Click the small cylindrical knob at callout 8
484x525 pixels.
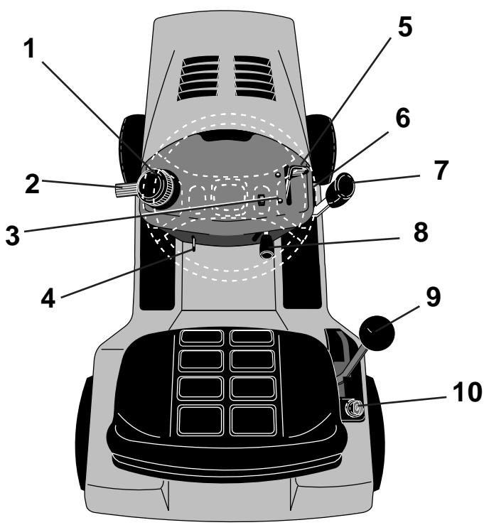click(x=268, y=248)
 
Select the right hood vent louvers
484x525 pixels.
click(x=254, y=77)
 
